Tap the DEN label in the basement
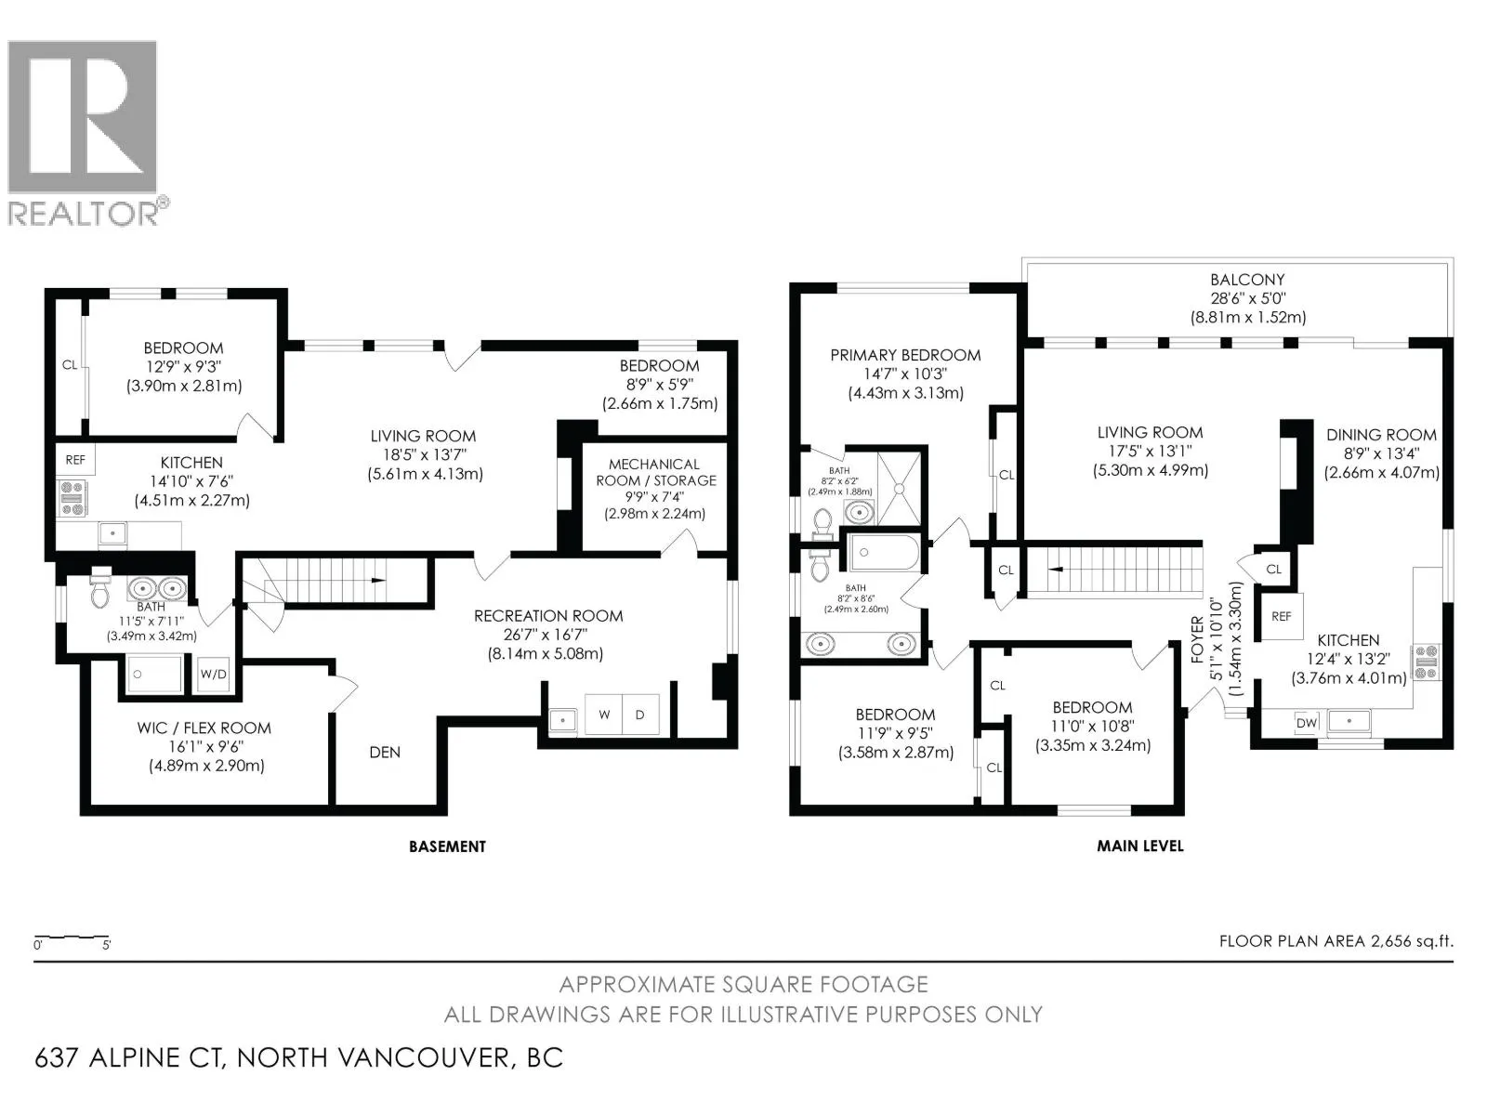click(x=385, y=752)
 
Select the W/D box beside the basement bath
click(x=214, y=675)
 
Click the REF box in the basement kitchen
click(x=75, y=460)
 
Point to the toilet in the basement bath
click(x=100, y=587)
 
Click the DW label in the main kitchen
click(x=1307, y=723)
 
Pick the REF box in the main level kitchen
click(x=1281, y=617)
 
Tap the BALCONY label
click(x=1248, y=279)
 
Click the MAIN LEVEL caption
click(x=1140, y=846)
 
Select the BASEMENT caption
click(x=447, y=846)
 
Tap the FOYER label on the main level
click(x=1197, y=639)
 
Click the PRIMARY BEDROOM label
click(x=906, y=355)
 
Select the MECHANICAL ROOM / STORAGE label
click(x=655, y=473)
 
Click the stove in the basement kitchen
click(x=72, y=498)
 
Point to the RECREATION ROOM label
click(x=548, y=616)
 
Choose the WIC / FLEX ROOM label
click(x=204, y=728)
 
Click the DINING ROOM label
click(x=1381, y=435)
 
